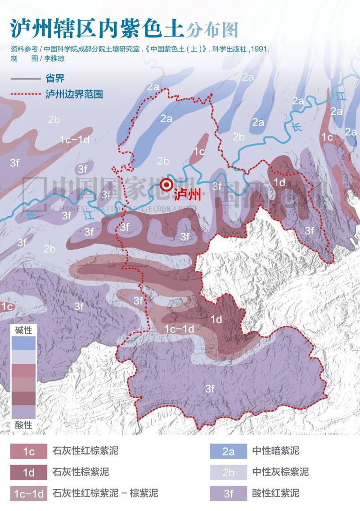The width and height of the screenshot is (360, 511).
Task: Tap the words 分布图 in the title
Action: click(211, 30)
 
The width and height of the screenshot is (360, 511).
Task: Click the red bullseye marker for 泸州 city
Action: click(167, 184)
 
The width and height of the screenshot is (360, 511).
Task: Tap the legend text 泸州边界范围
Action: click(74, 95)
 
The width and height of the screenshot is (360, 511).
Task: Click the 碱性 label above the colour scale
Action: click(23, 331)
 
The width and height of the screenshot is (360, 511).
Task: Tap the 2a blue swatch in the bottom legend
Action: click(228, 451)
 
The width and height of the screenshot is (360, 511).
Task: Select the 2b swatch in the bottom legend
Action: click(228, 472)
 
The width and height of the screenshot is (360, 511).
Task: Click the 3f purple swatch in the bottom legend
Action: click(228, 493)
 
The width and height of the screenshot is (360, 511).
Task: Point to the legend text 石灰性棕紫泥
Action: click(81, 472)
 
